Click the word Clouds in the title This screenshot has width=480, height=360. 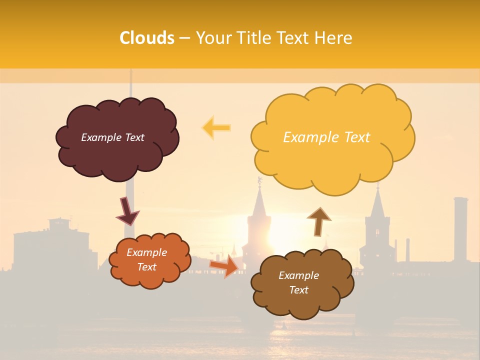click(x=147, y=38)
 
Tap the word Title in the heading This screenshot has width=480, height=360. click(x=253, y=38)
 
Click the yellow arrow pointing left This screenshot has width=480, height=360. click(x=216, y=127)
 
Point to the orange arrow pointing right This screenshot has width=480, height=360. click(x=224, y=265)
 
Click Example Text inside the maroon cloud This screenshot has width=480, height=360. click(x=112, y=137)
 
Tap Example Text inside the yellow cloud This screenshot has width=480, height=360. click(x=326, y=137)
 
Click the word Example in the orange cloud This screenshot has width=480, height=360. click(x=146, y=252)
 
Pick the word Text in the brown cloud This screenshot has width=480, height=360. click(x=298, y=290)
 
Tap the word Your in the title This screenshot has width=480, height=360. click(x=212, y=38)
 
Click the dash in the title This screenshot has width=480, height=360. click(x=184, y=38)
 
